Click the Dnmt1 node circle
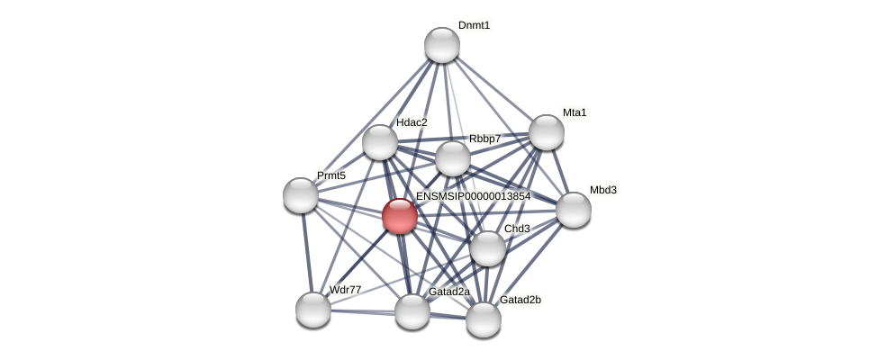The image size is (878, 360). (x=442, y=45)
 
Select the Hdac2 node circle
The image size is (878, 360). (x=380, y=142)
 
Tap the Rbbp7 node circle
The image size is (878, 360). (x=453, y=158)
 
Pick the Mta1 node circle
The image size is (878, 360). (x=547, y=132)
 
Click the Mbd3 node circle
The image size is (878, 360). (x=574, y=210)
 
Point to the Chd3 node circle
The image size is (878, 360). (x=488, y=248)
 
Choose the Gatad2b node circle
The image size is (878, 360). (x=484, y=319)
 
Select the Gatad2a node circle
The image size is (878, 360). (x=412, y=311)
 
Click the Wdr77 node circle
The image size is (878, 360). (x=313, y=310)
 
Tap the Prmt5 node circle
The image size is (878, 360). (x=301, y=195)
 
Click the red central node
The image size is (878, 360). (x=400, y=216)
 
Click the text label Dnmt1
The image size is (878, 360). (x=474, y=25)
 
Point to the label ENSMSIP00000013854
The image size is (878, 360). (x=473, y=196)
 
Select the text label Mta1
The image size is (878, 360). (x=575, y=112)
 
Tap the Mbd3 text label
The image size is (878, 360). (x=603, y=190)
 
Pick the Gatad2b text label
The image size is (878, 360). (x=520, y=300)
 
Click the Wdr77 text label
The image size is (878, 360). (x=345, y=290)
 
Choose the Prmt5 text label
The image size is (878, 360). (x=331, y=175)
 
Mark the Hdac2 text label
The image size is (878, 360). (x=412, y=122)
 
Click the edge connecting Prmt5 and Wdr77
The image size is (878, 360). (x=307, y=252)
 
